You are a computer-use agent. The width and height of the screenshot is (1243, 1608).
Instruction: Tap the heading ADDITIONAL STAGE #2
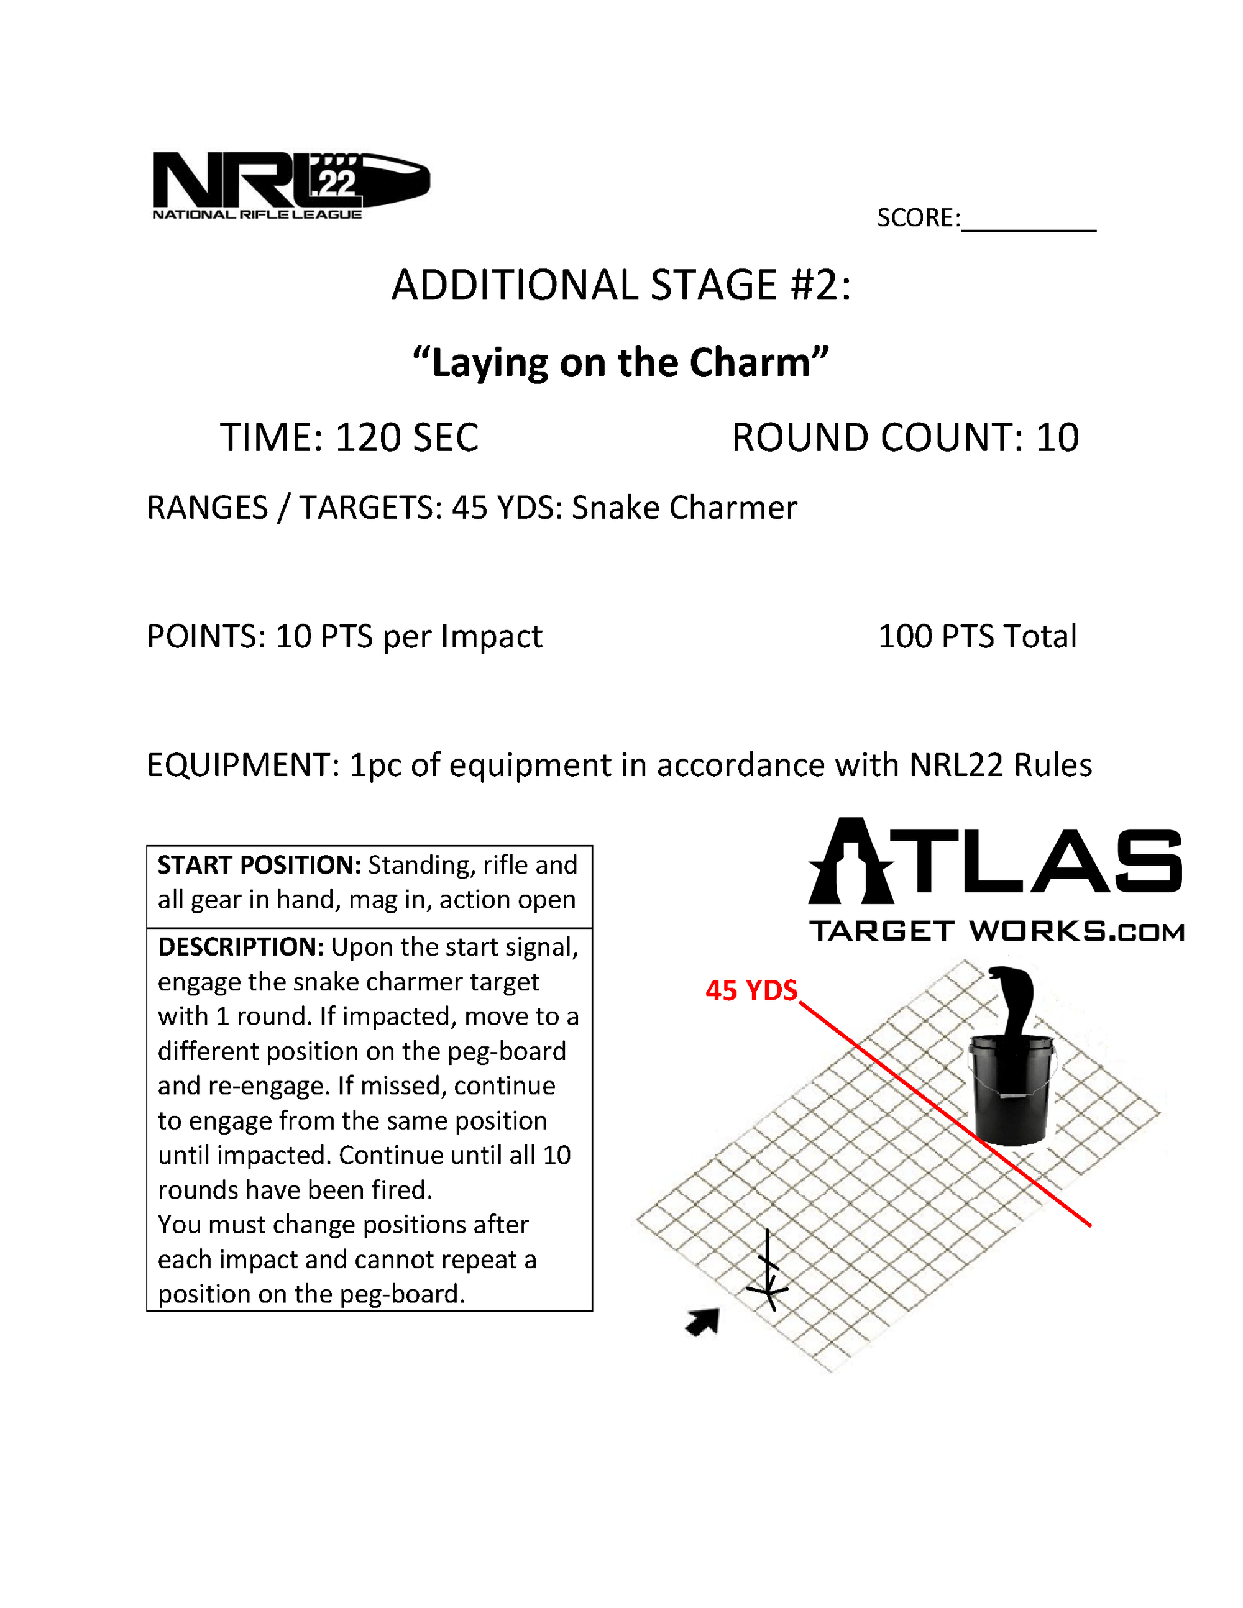point(621,285)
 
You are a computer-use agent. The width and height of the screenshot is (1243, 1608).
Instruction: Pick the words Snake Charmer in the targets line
point(684,508)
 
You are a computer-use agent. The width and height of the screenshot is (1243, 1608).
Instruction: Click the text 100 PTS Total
point(977,636)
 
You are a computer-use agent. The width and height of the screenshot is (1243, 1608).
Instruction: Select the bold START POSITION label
point(259,865)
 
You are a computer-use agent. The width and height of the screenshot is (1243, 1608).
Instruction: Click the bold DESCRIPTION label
point(241,947)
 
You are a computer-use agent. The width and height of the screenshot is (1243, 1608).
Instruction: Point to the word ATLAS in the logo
point(996,861)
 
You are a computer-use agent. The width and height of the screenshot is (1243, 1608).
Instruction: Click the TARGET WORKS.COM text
point(996,931)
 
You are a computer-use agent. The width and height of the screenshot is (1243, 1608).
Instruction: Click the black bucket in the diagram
point(1011,1090)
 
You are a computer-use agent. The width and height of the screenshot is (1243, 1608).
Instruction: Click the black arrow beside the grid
point(704,1322)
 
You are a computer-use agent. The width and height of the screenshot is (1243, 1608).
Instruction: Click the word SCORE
point(917,218)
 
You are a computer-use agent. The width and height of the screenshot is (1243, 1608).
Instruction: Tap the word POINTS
point(206,636)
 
